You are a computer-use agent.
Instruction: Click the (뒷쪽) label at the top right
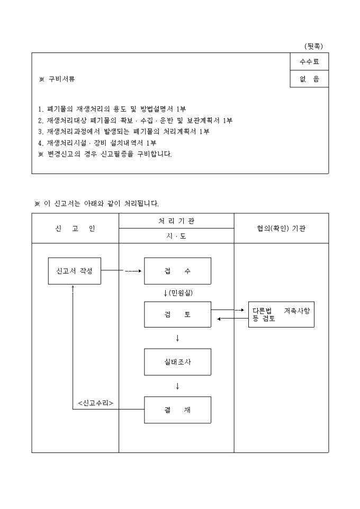313,46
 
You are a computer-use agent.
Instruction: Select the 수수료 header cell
309,62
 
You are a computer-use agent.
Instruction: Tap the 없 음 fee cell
309,79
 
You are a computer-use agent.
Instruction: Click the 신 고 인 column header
75,229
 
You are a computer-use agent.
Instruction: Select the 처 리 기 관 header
176,221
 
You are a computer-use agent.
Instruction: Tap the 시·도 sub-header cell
176,236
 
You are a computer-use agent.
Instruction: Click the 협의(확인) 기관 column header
281,229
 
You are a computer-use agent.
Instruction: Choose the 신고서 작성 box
74,271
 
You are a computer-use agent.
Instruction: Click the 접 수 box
177,271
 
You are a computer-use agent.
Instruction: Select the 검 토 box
177,314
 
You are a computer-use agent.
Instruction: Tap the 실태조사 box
177,362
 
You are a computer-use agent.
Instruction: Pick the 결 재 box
177,410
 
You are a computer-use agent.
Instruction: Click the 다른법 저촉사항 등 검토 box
281,314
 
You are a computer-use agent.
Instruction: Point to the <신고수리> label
96,403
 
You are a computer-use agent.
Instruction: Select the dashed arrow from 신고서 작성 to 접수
133,271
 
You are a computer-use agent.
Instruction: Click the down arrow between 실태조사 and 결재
177,386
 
